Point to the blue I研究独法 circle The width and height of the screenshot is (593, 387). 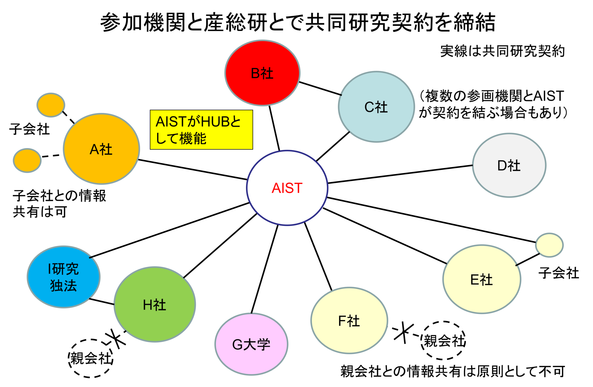click(x=64, y=277)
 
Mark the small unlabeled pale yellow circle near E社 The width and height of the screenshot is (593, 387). click(x=549, y=245)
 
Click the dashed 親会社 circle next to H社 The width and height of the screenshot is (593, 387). click(x=91, y=358)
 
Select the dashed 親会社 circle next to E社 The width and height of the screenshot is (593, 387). click(x=443, y=341)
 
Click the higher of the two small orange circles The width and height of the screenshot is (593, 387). click(x=51, y=105)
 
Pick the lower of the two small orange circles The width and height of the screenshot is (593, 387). click(x=27, y=160)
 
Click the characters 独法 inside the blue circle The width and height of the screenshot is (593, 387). click(x=63, y=286)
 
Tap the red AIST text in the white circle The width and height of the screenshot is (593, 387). click(x=287, y=188)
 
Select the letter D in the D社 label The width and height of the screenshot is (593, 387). click(x=502, y=166)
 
